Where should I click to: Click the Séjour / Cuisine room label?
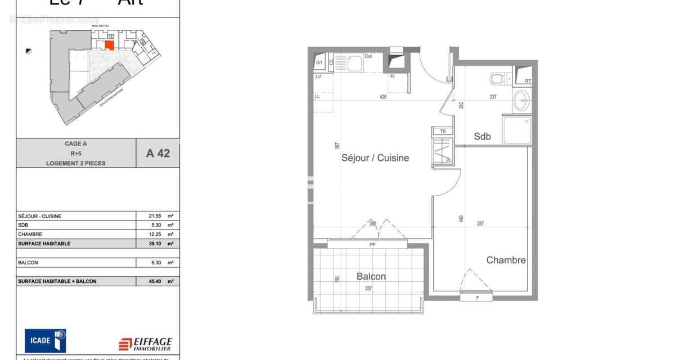[x=375, y=158]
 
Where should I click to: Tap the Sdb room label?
[x=482, y=136]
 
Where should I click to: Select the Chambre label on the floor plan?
[x=506, y=260]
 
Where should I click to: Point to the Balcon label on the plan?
[x=371, y=276]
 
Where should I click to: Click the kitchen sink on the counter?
[x=355, y=63]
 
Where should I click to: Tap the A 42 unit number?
[x=157, y=153]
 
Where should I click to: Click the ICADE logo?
[x=45, y=340]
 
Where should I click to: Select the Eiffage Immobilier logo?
[x=145, y=344]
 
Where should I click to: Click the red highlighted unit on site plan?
[x=110, y=45]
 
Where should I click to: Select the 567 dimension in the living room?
[x=337, y=145]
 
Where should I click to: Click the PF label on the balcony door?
[x=372, y=244]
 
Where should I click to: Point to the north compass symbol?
[x=28, y=51]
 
